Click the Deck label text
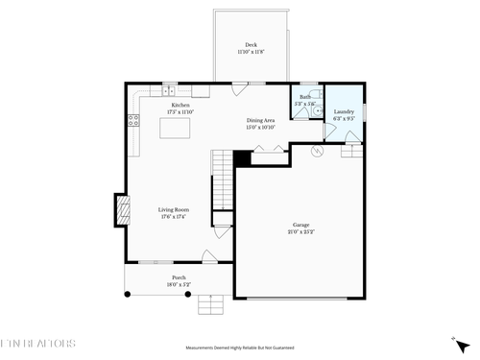[x=251, y=45]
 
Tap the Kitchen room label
[x=180, y=105]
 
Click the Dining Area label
[x=260, y=120]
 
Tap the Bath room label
[x=304, y=97]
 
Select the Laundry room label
[x=344, y=111]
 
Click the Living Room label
[x=174, y=209]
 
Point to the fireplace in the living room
[x=122, y=209]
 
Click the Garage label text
[x=301, y=225]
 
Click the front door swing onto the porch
[x=208, y=256]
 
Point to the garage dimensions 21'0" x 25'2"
[x=301, y=232]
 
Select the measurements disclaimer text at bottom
[x=240, y=348]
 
